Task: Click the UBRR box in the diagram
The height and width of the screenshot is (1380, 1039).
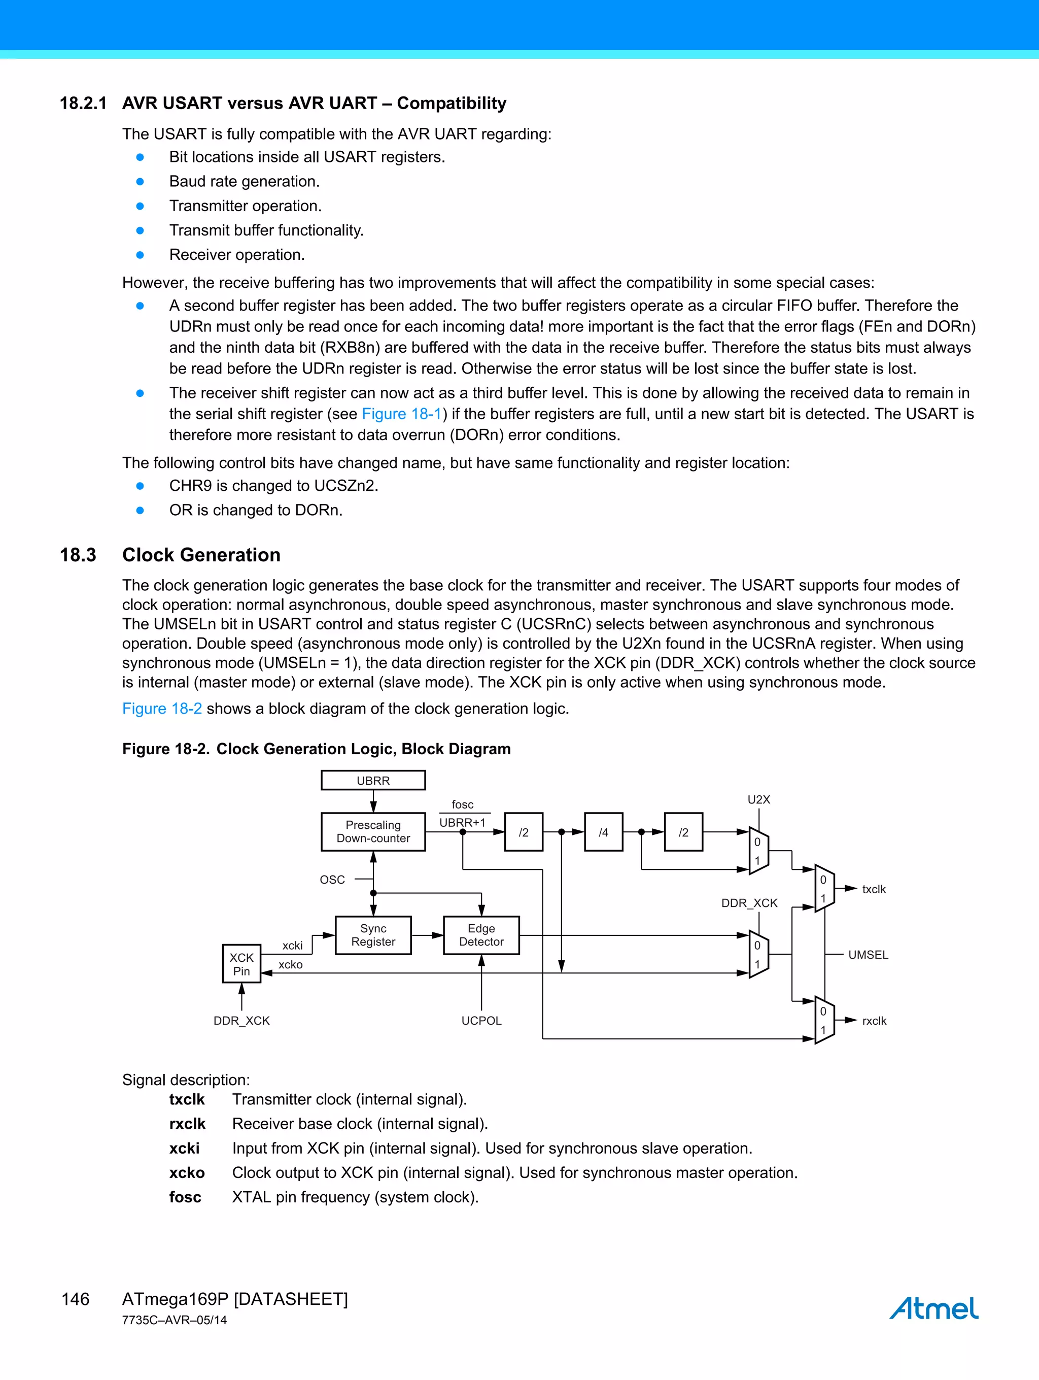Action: tap(373, 780)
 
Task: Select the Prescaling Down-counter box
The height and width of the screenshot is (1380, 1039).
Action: tap(373, 832)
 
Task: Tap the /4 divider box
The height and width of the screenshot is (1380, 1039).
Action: tap(603, 832)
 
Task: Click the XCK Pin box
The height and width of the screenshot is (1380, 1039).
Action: tap(241, 964)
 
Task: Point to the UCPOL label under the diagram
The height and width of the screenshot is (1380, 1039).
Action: tap(481, 1021)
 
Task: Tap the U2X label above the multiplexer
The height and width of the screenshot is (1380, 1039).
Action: tap(758, 799)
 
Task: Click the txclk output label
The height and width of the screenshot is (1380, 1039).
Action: tap(873, 889)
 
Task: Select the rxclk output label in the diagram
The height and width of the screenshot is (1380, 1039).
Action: tap(873, 1021)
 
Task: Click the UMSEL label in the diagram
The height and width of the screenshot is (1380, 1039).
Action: tap(868, 955)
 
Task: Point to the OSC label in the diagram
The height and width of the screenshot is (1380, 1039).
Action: tap(332, 880)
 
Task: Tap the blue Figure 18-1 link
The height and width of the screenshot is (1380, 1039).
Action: tap(402, 414)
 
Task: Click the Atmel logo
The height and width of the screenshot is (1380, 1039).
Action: tap(933, 1308)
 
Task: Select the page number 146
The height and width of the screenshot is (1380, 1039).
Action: tap(76, 1299)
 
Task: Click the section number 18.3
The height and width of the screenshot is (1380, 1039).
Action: tap(78, 555)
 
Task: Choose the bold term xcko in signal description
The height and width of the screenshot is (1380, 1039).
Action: tap(187, 1173)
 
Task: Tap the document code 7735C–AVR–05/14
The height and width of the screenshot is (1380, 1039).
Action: tap(175, 1320)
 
